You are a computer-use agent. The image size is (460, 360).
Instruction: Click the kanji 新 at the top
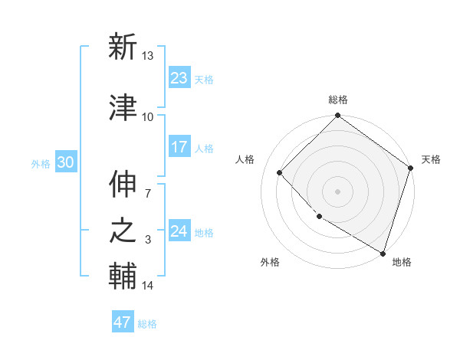[x=123, y=47]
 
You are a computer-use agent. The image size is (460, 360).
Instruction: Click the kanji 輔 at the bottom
[x=123, y=277]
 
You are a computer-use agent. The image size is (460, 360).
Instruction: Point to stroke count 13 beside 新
[x=148, y=55]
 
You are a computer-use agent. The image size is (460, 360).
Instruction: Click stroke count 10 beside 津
[x=148, y=116]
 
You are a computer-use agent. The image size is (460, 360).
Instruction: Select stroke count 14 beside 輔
[x=148, y=286]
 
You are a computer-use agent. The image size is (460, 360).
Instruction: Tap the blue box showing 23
[x=179, y=78]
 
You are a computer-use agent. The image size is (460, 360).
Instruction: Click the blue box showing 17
[x=179, y=147]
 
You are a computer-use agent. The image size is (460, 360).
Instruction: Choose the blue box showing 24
[x=179, y=231]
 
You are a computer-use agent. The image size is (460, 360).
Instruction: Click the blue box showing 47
[x=123, y=322]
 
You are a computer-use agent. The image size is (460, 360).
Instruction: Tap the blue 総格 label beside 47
[x=147, y=324]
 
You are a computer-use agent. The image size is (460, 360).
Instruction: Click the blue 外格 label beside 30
[x=41, y=164]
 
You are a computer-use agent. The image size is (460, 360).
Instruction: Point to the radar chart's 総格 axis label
[x=337, y=100]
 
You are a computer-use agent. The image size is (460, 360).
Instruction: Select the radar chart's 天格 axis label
[x=431, y=159]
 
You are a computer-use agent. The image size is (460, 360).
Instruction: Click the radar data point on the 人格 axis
[x=280, y=172]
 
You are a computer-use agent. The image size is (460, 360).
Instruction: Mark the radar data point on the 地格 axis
[x=382, y=252]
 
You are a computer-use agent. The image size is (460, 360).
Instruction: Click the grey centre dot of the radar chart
[x=337, y=191]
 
